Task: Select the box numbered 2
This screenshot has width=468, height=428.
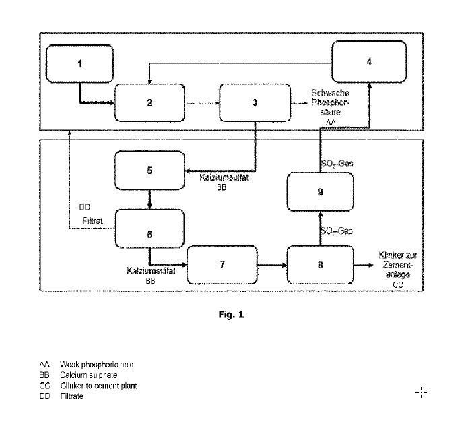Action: [x=149, y=102]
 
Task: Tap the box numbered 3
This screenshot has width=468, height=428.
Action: [x=255, y=102]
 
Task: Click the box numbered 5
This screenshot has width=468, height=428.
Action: [x=149, y=171]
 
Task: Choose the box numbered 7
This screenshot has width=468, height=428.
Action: [x=222, y=264]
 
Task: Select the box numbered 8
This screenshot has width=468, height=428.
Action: [x=320, y=264]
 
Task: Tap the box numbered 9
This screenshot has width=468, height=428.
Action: [x=321, y=191]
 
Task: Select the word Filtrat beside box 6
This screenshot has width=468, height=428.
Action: [x=93, y=220]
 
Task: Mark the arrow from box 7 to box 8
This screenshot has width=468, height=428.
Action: [x=273, y=265]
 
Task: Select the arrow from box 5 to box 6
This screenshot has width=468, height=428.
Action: [x=149, y=201]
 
